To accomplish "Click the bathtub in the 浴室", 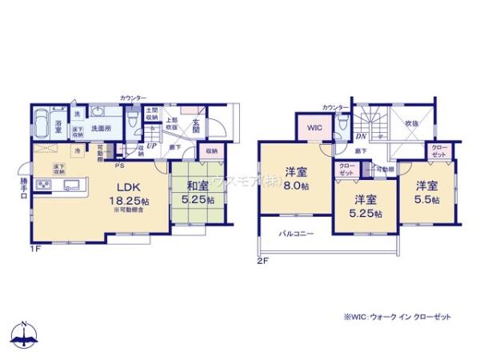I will [40, 126].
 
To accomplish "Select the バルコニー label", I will [296, 233].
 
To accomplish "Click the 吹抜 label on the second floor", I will [412, 124].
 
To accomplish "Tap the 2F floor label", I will [262, 261].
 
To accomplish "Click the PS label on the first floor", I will [119, 165].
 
